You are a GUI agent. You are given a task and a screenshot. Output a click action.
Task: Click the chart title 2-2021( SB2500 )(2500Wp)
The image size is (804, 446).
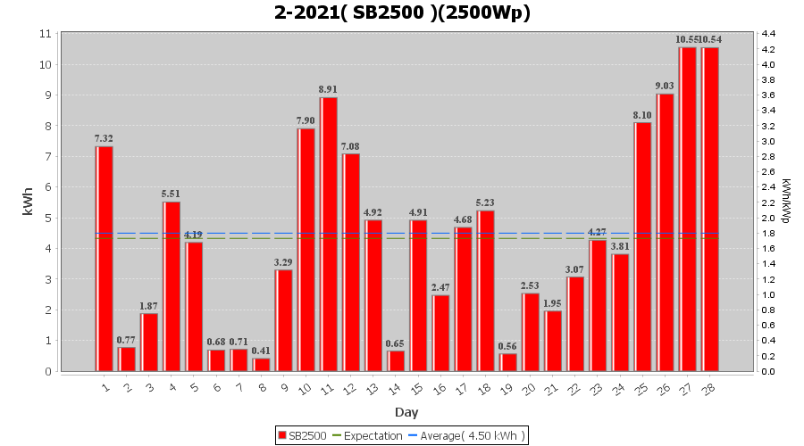point(402,12)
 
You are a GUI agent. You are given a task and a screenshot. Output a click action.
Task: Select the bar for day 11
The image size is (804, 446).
point(329,234)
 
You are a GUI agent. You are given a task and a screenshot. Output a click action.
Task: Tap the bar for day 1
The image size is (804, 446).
point(105,259)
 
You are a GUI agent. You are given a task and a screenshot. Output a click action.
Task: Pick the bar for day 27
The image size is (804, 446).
point(688,209)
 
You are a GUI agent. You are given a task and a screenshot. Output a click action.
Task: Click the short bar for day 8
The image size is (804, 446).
point(262,364)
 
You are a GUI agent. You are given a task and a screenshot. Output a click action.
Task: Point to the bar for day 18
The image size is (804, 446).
point(486,291)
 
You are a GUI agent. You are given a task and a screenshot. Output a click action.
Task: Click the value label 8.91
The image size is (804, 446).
point(329,89)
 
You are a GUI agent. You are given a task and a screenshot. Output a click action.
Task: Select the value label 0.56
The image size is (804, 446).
point(508,346)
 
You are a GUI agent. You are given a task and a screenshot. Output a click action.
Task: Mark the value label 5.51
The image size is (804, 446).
point(172,194)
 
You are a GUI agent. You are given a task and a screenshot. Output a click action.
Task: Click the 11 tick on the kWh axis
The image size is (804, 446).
point(45,34)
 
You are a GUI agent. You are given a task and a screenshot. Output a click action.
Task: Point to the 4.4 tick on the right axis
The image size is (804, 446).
point(768,34)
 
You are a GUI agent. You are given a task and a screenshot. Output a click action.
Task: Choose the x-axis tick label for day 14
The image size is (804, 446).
point(396,388)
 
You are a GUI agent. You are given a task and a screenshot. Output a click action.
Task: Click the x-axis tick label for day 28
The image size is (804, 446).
point(709,388)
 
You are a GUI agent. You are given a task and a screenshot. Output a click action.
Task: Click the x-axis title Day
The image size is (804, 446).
point(406,412)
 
